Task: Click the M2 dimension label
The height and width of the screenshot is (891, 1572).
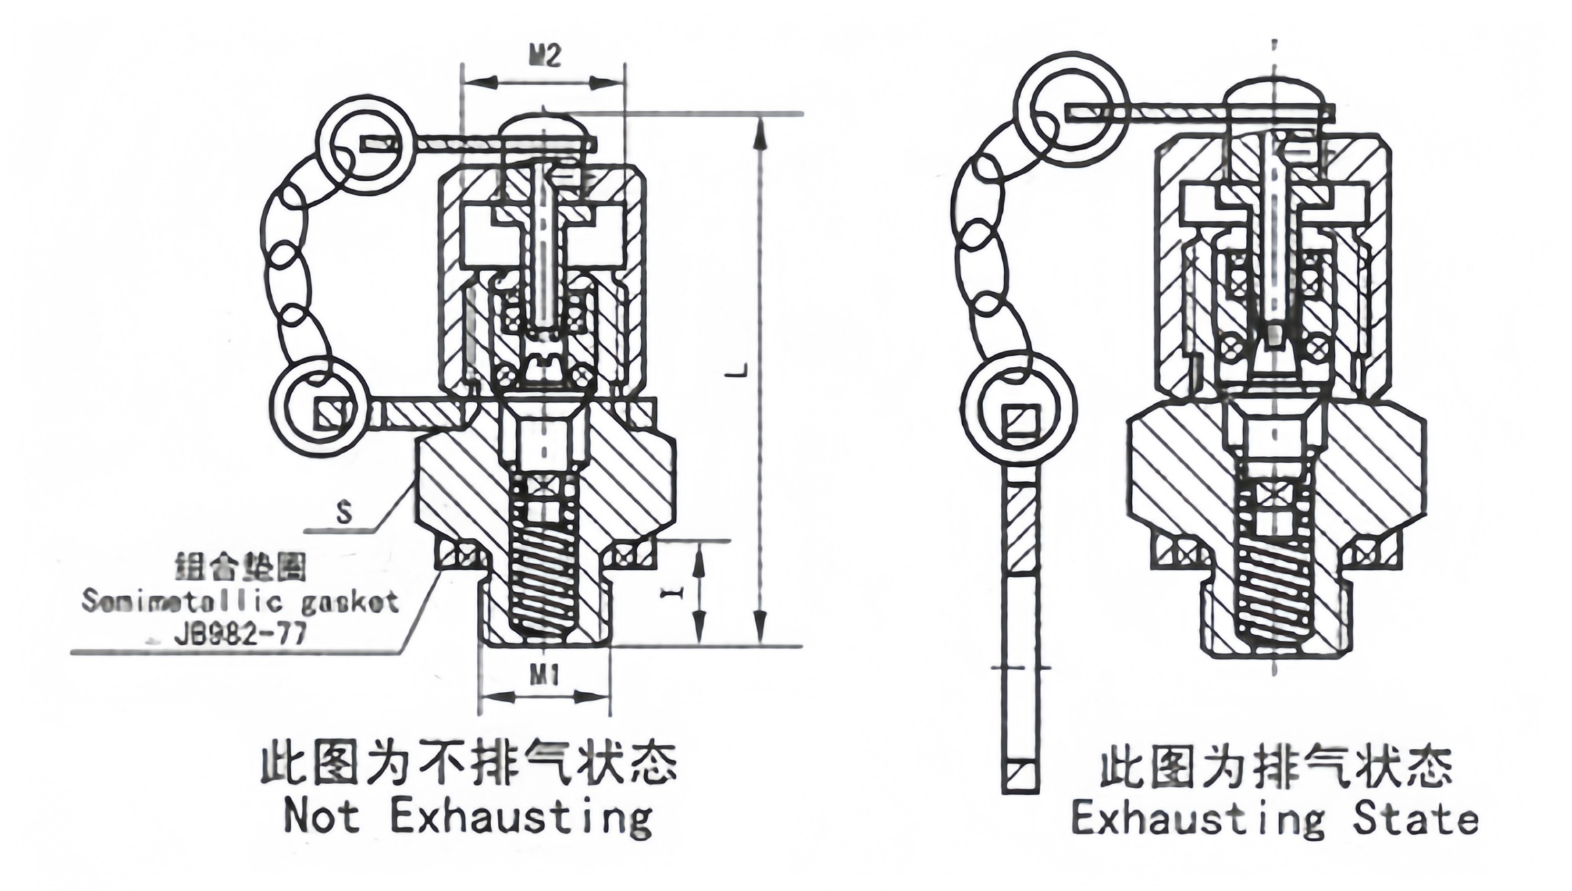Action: coord(544,56)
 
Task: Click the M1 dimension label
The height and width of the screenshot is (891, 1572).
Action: coord(544,675)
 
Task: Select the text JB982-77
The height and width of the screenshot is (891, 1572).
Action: coord(240,634)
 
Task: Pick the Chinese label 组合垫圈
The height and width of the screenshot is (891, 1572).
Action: coord(241,567)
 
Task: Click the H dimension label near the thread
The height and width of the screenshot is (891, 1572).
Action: coord(673,593)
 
